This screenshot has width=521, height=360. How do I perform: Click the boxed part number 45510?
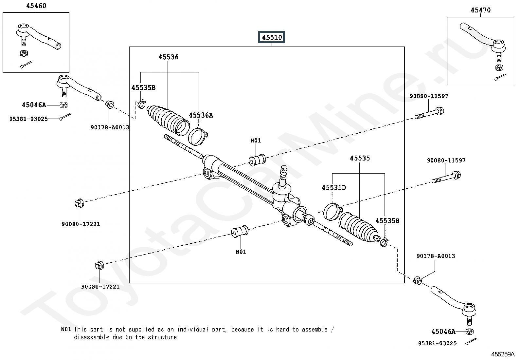coord(272,37)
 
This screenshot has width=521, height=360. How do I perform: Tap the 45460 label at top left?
coord(36,6)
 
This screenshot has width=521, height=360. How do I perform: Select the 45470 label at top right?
coord(480,10)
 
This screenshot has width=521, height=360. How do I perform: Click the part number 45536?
coord(168,57)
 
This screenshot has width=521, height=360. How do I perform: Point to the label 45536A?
coord(201,115)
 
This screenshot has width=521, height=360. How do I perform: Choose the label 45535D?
coord(333,188)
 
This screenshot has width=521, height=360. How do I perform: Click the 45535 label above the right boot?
coord(360,158)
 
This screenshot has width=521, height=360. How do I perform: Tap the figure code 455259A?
coord(502,354)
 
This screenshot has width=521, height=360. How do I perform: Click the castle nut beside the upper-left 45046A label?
coord(64,105)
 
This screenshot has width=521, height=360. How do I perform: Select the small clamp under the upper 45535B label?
coord(142,104)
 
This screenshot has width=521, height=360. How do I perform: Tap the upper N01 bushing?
coord(257,160)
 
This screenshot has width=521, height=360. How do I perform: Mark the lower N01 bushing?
coord(240,231)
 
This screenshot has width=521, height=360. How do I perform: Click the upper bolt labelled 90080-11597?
coord(429,113)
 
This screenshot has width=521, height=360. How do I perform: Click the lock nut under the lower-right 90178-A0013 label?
coord(417,280)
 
